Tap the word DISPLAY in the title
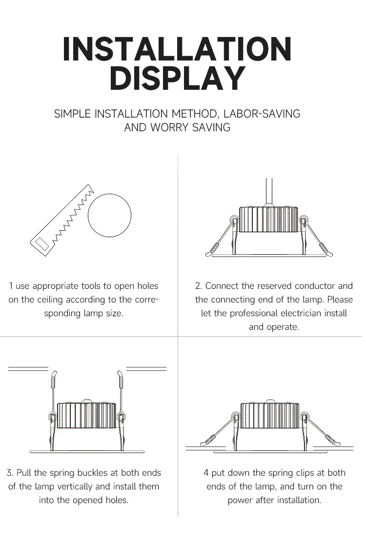(x=177, y=78)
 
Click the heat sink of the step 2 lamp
(x=268, y=219)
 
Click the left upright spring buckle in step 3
(x=53, y=390)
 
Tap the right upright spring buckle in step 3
(x=120, y=390)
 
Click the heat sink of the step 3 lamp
(x=86, y=415)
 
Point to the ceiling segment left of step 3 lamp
(x=28, y=368)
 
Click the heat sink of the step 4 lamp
(x=269, y=415)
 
